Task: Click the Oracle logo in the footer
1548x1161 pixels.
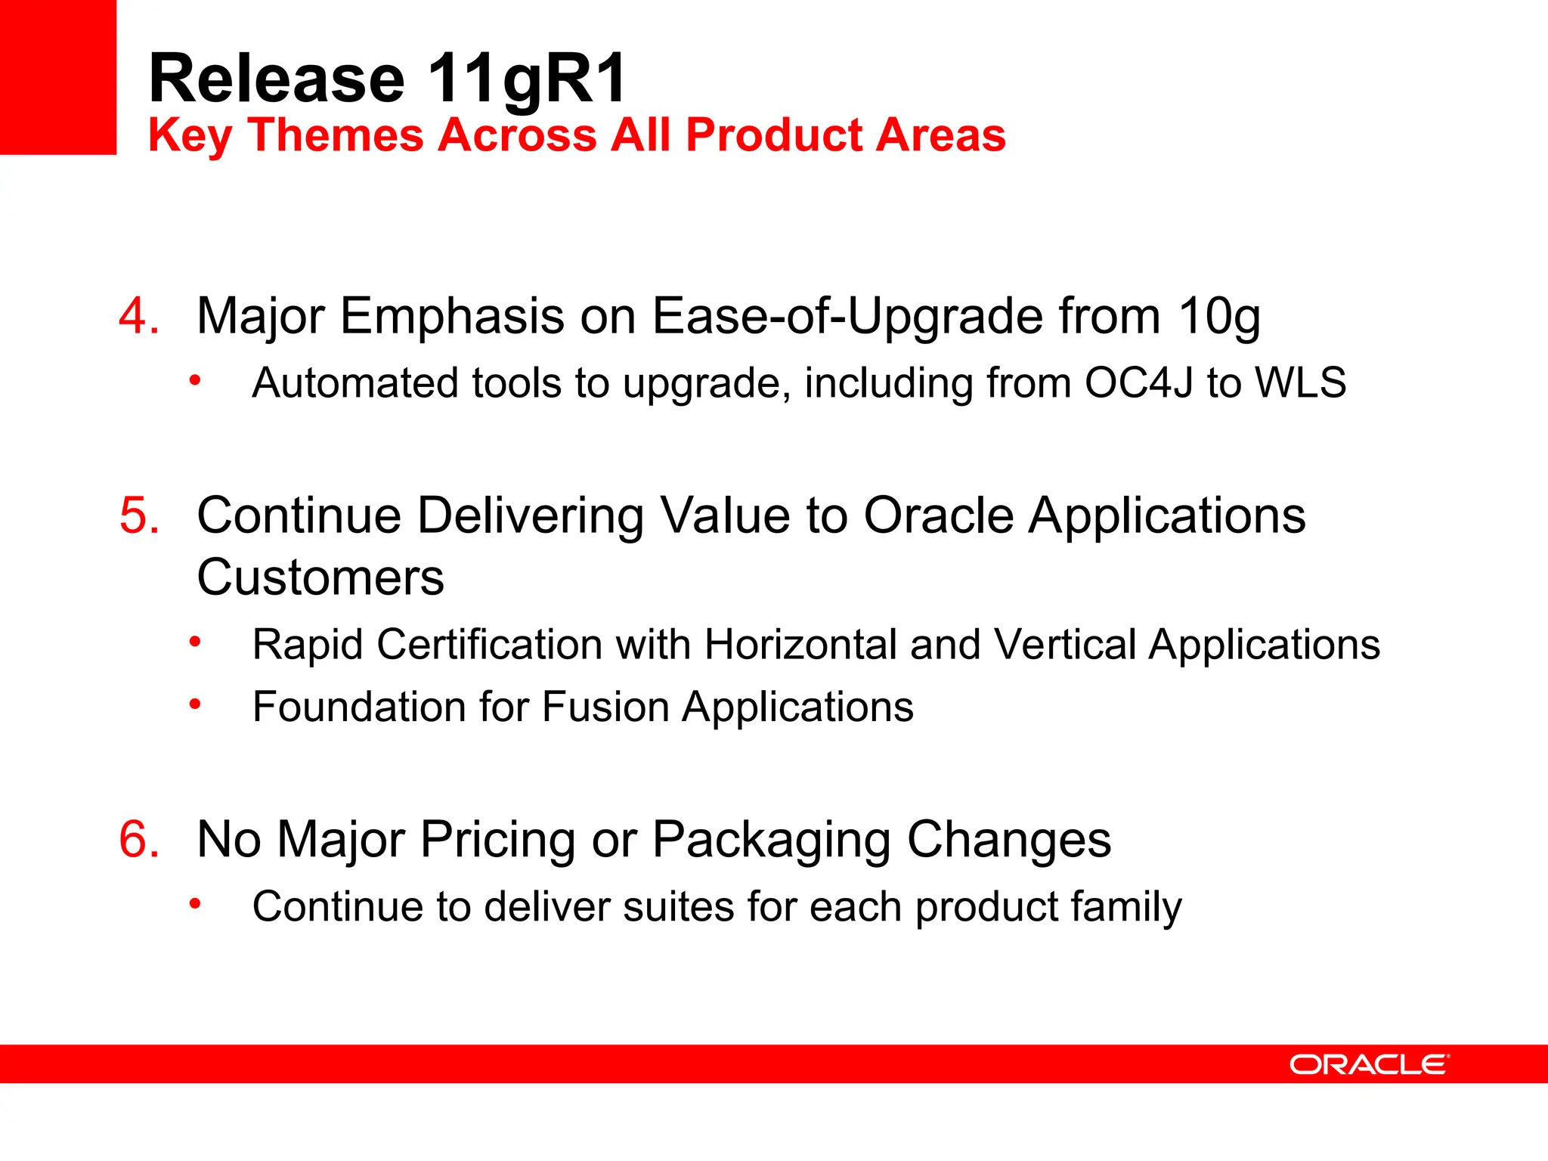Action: (x=1369, y=1064)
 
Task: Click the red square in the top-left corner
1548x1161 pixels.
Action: (x=57, y=76)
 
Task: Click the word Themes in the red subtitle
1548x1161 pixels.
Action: (x=336, y=135)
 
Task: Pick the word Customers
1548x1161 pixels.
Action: (x=320, y=577)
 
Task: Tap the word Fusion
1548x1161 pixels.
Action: (x=605, y=707)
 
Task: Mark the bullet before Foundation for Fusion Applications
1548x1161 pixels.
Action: (x=195, y=704)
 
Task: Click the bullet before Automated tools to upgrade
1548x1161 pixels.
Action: (x=195, y=380)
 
